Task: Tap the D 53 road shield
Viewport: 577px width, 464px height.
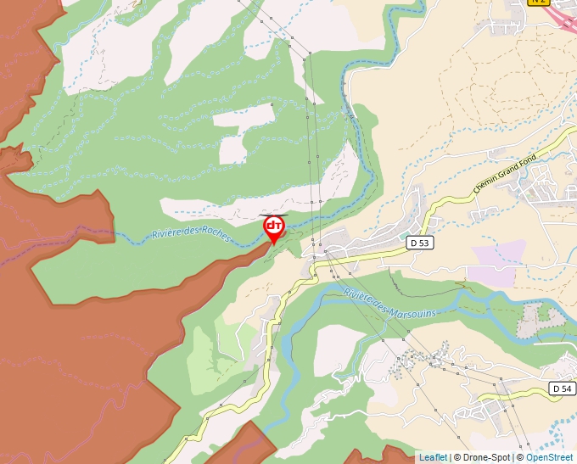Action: click(417, 242)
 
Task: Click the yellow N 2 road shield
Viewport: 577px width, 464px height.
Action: click(538, 3)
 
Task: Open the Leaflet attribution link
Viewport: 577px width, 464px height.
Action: click(433, 457)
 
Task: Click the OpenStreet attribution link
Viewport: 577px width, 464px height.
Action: click(549, 457)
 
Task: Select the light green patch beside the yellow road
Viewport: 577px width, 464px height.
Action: click(212, 348)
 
